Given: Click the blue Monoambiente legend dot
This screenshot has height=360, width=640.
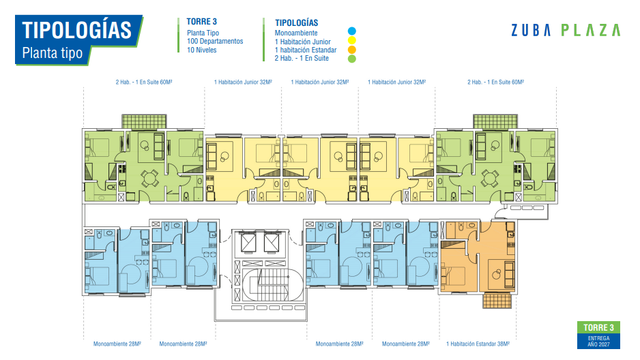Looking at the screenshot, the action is [352, 31].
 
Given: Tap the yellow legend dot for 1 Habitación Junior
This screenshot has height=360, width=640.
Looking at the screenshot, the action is [352, 40].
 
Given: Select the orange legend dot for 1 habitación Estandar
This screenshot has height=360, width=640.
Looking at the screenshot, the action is [352, 50].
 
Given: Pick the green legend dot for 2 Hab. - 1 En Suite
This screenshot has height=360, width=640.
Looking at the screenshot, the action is [352, 59].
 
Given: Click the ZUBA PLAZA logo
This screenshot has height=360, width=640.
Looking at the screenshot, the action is [566, 30].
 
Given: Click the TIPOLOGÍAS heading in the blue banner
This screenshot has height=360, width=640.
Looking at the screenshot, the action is [76, 30].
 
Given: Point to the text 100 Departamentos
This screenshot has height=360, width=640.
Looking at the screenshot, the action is [215, 41].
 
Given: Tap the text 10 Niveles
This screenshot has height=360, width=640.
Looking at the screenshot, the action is [202, 50].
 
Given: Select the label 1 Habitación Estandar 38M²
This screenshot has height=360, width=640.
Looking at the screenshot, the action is [478, 344].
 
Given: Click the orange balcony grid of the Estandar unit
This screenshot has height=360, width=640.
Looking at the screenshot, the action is [497, 301].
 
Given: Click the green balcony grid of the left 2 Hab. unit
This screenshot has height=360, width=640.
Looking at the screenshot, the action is [144, 121].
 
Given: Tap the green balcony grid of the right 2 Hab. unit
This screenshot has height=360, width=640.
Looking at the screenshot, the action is [495, 121].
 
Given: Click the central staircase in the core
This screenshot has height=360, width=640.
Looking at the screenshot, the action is [273, 284].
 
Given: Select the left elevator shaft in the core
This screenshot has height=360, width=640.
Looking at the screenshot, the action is [248, 243].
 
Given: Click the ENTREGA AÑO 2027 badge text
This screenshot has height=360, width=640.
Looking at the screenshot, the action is [598, 341].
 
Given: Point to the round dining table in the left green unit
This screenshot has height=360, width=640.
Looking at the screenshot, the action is [150, 179].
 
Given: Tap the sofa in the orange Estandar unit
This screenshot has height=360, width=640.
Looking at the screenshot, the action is [509, 274].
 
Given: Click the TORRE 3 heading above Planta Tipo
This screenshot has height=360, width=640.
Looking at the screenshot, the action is [202, 22].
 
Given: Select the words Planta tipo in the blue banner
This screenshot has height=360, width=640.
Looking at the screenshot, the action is [53, 53].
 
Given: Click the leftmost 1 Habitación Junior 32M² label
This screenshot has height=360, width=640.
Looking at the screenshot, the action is [243, 82].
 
